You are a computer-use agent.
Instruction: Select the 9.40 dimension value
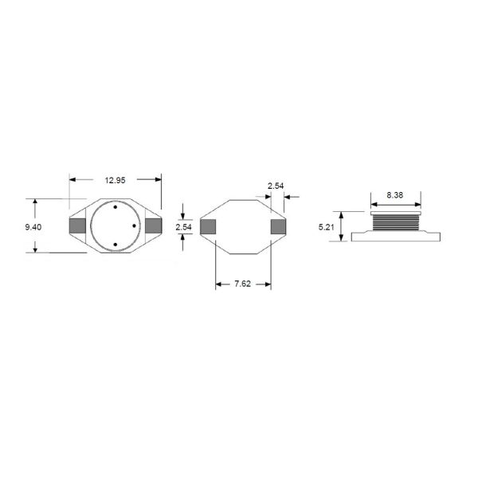coord(33,227)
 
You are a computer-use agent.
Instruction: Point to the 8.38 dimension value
coord(394,194)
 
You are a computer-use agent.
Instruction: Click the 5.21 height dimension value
coord(326,227)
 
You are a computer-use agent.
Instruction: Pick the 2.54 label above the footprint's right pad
coord(275,186)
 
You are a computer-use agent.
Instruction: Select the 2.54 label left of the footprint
coord(183,227)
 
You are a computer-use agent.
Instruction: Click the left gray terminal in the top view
coord(78,226)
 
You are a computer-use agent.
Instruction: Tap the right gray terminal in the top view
coord(153,226)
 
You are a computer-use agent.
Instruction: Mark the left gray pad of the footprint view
coord(208,227)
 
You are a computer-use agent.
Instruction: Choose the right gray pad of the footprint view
coord(278,227)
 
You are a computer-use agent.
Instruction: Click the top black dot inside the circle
coord(116,208)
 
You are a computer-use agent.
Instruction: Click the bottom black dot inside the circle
coord(116,245)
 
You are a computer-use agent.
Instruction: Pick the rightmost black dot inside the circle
coord(134,226)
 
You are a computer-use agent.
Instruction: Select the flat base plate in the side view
coord(395,236)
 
